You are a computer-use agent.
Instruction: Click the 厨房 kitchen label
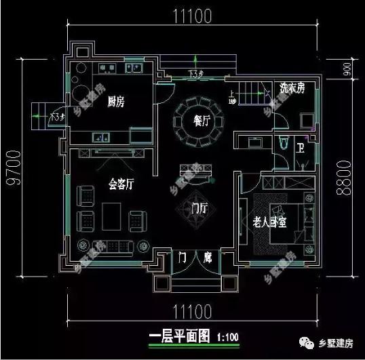(116, 102)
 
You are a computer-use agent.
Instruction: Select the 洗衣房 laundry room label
(292, 88)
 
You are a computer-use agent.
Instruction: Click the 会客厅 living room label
(121, 184)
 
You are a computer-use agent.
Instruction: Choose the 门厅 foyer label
(199, 207)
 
